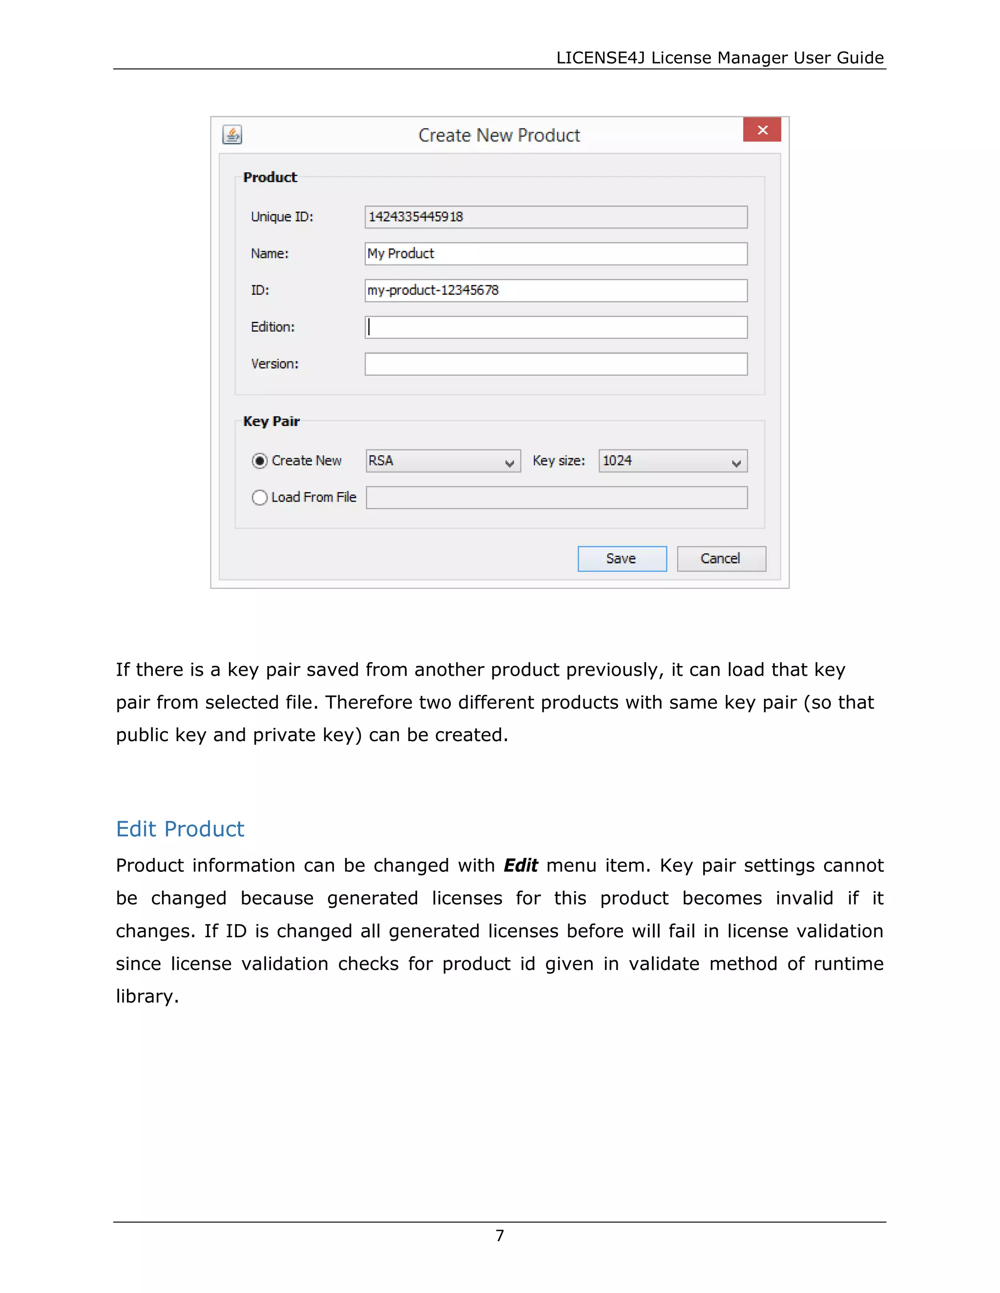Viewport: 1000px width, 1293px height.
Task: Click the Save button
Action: (622, 558)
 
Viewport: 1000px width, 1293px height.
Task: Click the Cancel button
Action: (721, 558)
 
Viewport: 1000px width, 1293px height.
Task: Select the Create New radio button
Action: (259, 461)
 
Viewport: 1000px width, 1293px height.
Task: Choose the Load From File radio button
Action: (259, 497)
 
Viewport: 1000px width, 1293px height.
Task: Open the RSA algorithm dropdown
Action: (442, 461)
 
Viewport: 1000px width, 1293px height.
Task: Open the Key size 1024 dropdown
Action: (672, 461)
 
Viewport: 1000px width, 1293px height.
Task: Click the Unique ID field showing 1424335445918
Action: (555, 217)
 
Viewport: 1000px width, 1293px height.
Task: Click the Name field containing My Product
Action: (555, 253)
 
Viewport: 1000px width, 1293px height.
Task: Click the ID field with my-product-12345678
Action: (555, 290)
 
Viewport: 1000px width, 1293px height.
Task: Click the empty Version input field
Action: (555, 364)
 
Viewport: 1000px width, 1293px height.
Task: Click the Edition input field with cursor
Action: (555, 327)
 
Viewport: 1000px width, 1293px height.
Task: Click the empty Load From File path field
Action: (556, 497)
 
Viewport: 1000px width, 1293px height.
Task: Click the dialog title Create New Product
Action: (499, 136)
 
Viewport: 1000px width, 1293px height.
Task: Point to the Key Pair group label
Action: (271, 422)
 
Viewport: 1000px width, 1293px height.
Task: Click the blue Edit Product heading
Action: (180, 829)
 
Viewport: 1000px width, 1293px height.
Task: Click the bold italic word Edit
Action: (520, 866)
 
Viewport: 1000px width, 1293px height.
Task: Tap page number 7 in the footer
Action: (500, 1235)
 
